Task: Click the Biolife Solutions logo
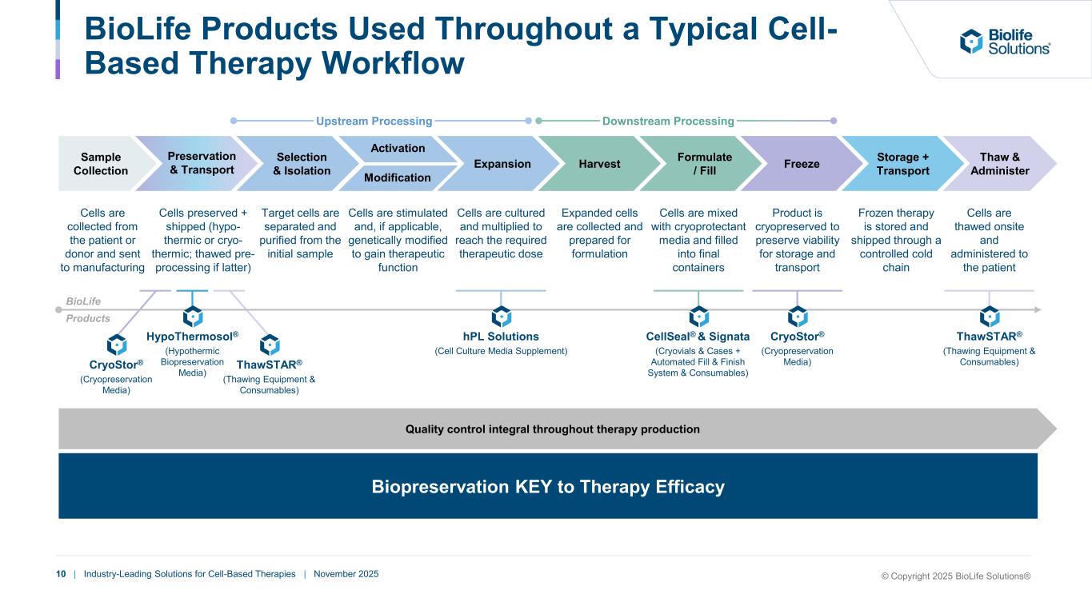(x=1005, y=42)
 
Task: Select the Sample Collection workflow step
(x=100, y=164)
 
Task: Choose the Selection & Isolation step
(x=302, y=164)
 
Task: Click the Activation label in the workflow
(x=398, y=148)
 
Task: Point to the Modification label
(x=398, y=177)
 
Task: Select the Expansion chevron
(x=502, y=164)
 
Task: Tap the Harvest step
(x=599, y=164)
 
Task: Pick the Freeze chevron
(x=802, y=164)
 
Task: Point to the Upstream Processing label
(x=374, y=122)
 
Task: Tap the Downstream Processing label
(x=668, y=122)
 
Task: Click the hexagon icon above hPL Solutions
(x=502, y=316)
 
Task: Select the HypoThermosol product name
(x=192, y=337)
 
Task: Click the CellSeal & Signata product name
(x=698, y=337)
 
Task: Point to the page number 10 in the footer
(x=61, y=574)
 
